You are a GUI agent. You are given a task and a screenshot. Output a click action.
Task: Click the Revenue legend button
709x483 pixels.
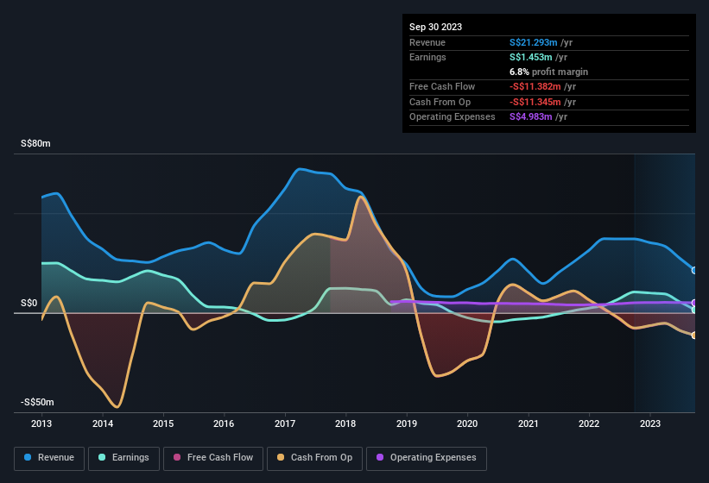49,458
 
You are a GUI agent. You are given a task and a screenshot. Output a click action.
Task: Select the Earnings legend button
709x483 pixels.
123,458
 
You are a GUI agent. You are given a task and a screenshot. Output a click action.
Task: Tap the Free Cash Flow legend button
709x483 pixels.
212,458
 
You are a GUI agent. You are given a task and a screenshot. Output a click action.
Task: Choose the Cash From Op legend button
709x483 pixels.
316,458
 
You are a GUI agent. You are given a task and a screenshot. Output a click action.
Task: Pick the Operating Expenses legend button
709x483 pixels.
427,458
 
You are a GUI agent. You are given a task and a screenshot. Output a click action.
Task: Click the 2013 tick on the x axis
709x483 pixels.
41,423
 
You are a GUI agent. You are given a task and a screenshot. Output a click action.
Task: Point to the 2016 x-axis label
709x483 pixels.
225,423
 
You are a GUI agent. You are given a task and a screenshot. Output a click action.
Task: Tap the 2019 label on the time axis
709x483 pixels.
407,423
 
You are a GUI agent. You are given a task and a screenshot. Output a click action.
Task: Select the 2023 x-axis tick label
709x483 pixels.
650,423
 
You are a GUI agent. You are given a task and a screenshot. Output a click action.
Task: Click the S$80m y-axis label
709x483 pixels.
35,144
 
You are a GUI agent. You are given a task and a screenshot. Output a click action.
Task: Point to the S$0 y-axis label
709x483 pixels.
30,303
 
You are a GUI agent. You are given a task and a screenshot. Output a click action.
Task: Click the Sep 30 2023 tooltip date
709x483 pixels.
435,27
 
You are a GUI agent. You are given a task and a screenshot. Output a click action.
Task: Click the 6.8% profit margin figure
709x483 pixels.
521,72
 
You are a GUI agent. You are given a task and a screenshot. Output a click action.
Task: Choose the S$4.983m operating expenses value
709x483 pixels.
531,116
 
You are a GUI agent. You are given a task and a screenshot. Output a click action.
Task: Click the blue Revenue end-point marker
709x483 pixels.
694,271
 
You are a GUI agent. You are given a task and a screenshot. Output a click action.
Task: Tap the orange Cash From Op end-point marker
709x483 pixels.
694,336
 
